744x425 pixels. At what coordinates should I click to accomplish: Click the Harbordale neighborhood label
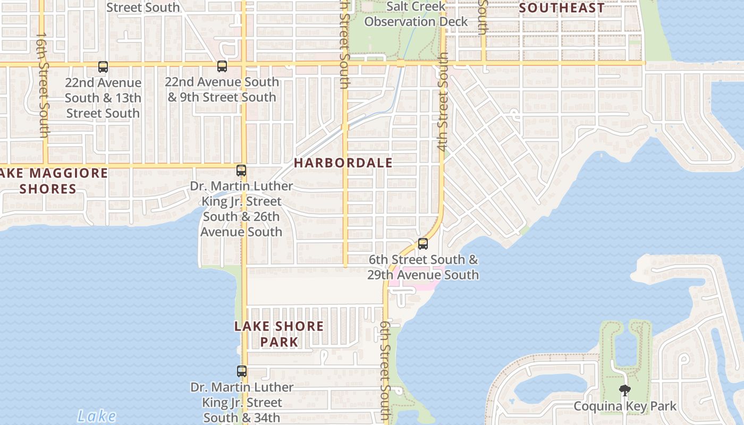tap(343, 163)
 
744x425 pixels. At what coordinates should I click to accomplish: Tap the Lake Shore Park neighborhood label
tap(279, 334)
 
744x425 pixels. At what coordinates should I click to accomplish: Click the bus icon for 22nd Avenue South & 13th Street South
tap(103, 67)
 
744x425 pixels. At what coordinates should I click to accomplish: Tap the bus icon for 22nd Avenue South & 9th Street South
tap(222, 67)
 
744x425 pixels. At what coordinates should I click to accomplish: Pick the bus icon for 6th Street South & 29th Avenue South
tap(423, 244)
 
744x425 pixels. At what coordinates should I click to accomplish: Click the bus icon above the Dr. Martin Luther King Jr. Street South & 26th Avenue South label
tap(241, 171)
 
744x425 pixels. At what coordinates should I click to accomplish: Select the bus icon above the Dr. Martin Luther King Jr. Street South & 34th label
tap(242, 371)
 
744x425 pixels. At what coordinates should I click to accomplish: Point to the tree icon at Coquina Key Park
tap(625, 391)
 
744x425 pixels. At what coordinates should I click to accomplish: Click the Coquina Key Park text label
tap(625, 406)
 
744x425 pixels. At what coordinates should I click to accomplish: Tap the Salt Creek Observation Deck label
tap(416, 14)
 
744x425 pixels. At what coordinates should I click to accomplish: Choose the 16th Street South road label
tap(43, 85)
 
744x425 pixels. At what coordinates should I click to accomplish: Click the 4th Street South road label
tap(443, 101)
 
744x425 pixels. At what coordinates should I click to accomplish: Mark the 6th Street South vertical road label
tap(385, 372)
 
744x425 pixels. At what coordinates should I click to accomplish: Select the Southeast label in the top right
tap(562, 8)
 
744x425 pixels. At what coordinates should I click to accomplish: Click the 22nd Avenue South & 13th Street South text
tap(103, 98)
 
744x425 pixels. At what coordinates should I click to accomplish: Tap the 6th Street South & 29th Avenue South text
tap(423, 267)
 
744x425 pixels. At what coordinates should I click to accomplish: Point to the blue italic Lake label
tap(96, 415)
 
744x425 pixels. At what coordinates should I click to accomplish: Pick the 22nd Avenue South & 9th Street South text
tap(222, 89)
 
